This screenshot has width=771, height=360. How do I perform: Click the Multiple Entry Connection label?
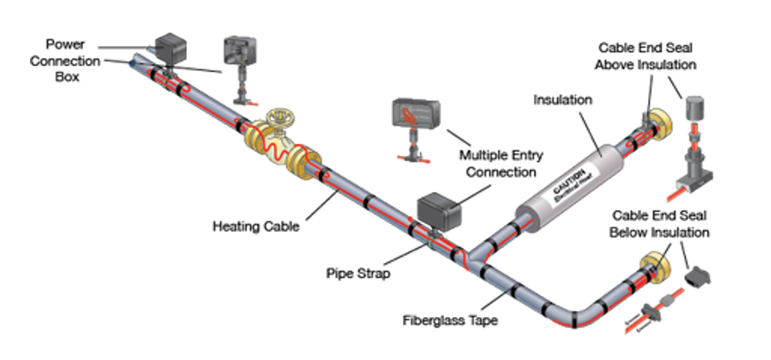501,163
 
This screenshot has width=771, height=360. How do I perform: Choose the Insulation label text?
563,100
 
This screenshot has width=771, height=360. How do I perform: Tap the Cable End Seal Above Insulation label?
647,55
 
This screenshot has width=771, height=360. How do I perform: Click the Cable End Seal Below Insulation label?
660,223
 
